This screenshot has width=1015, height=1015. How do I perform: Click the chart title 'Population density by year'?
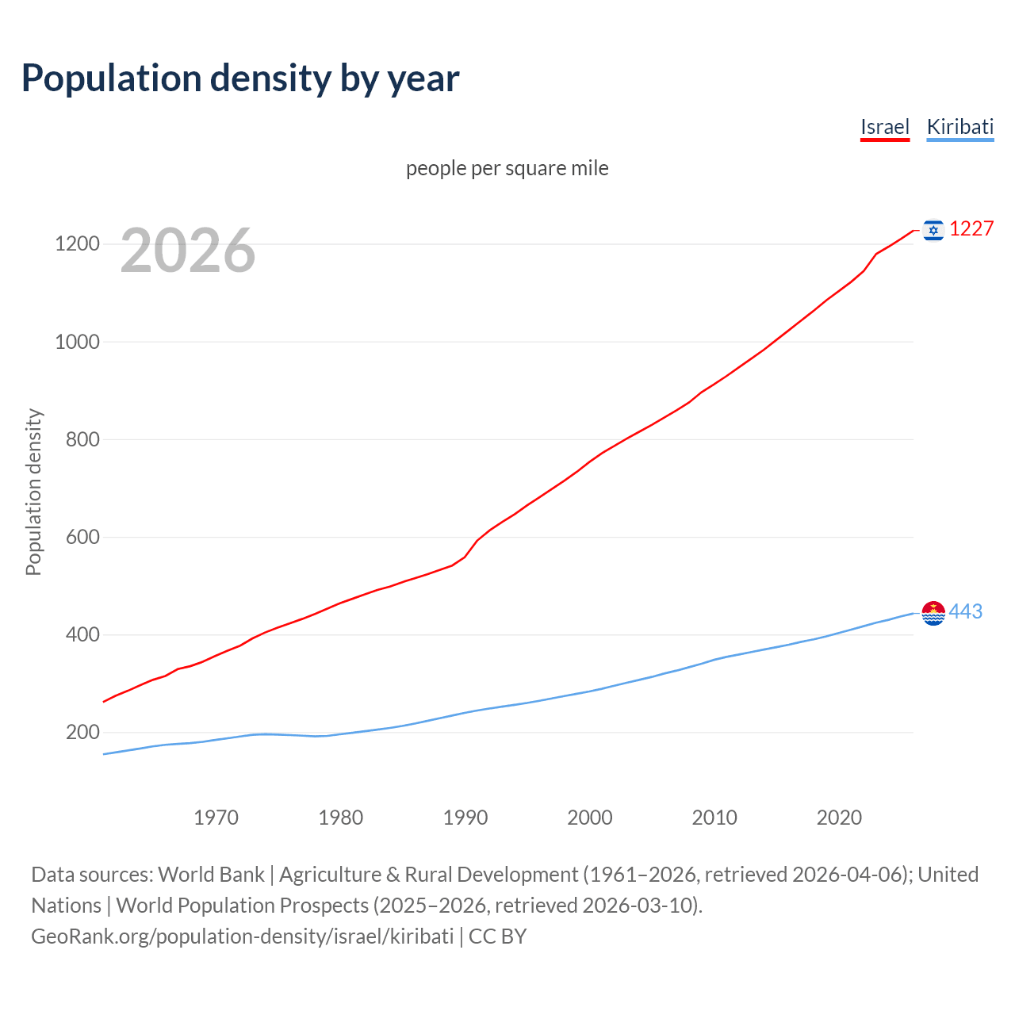(x=240, y=79)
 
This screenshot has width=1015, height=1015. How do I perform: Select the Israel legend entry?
(x=884, y=127)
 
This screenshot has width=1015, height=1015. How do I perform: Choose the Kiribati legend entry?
(x=959, y=127)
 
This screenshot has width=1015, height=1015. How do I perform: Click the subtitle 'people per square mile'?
(x=507, y=168)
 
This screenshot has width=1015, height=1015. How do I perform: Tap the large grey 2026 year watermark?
(x=188, y=251)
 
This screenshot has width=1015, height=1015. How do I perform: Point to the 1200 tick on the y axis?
(x=77, y=243)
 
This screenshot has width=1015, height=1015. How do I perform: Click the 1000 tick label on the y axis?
(x=77, y=342)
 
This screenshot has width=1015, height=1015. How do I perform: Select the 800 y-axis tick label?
(x=82, y=439)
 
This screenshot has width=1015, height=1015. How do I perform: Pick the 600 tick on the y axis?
(x=82, y=537)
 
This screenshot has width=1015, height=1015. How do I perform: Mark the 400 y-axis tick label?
(x=82, y=634)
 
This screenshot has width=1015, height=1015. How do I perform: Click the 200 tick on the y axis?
(x=82, y=732)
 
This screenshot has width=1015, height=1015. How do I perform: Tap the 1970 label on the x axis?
(x=216, y=818)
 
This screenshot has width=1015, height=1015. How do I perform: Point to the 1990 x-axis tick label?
(x=465, y=818)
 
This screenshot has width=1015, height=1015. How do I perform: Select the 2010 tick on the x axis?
(x=714, y=818)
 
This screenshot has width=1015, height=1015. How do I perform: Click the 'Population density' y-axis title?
(x=33, y=492)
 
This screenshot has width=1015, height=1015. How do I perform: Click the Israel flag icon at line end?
(x=933, y=230)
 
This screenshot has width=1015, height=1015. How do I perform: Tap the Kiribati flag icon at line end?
(x=933, y=613)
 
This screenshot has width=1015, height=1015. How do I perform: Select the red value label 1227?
(x=971, y=229)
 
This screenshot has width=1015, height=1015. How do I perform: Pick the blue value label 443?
(x=965, y=612)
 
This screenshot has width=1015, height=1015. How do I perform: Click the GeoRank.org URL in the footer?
(x=242, y=936)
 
